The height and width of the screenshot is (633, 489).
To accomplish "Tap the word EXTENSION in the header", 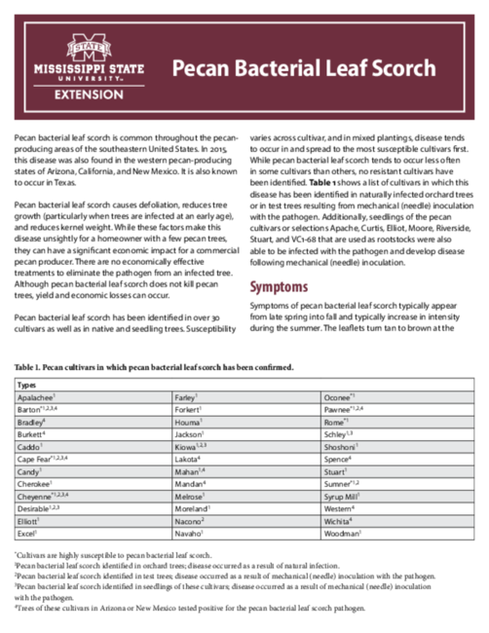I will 90,95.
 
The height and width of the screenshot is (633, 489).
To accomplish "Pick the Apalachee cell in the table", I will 37,398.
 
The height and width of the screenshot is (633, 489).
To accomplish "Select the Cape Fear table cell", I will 42,458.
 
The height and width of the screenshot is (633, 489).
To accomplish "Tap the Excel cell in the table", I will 27,534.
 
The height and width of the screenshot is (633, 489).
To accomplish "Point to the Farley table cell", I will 186,398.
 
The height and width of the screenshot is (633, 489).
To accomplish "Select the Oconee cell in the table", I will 340,398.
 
